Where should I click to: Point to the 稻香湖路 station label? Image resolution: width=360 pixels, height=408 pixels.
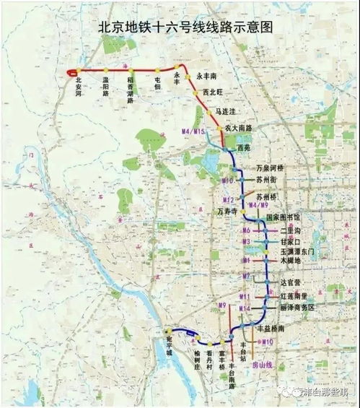[131, 89]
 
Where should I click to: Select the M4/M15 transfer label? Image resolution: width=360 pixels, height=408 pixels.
[193, 131]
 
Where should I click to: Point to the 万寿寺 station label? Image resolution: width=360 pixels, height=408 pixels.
[227, 210]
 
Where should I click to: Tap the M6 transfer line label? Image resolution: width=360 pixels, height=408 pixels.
[246, 230]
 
